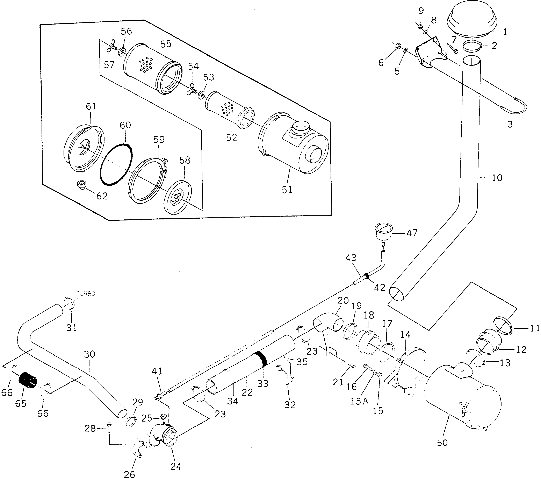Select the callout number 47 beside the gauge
pos(412,233)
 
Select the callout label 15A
pos(359,402)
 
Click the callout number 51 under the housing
pos(287,190)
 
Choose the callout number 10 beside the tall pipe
pos(497,178)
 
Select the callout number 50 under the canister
pos(442,443)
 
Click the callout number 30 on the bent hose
pos(89,354)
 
